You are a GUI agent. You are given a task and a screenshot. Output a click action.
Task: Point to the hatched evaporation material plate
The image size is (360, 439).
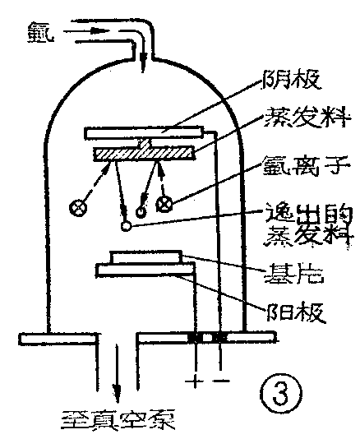144,153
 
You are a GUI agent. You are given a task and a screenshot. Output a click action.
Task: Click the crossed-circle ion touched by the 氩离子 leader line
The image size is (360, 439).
165,202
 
